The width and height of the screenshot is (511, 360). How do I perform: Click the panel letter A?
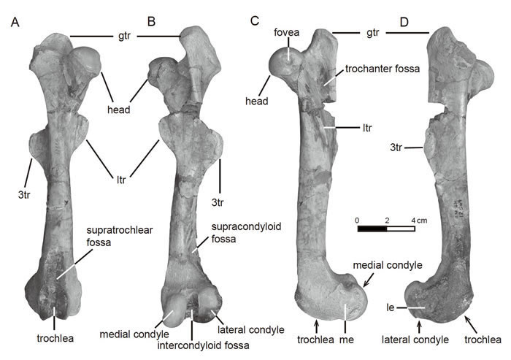point(15,22)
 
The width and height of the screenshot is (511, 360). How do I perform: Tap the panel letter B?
point(152,22)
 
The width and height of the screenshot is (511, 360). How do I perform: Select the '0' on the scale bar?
point(358,219)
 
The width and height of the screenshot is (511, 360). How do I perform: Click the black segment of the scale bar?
point(372,229)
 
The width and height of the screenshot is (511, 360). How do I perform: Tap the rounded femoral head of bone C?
point(282,64)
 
